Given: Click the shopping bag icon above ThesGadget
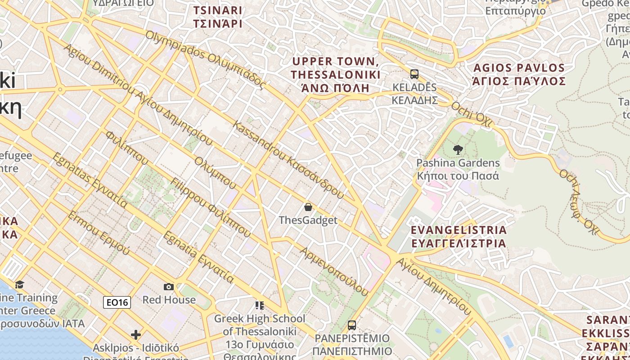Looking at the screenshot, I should [308, 207].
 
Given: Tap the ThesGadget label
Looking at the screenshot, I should [308, 220].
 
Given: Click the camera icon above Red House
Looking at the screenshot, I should [169, 287].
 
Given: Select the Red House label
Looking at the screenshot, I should [169, 300].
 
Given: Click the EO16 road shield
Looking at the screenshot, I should [117, 302].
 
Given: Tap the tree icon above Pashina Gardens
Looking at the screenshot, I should [458, 149].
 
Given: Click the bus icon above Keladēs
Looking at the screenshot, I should [414, 74].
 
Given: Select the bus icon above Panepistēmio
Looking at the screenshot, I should [352, 325].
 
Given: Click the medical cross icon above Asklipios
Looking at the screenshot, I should [135, 335].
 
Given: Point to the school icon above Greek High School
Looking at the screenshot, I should [259, 306].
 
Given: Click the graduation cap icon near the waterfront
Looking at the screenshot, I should [19, 284].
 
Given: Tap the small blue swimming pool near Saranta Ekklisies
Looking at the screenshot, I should [508, 341].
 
